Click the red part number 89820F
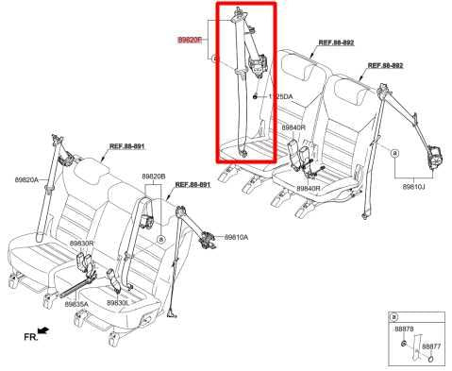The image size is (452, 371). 192,40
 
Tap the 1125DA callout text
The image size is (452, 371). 280,96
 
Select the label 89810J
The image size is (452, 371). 414,187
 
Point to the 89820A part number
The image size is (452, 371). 26,180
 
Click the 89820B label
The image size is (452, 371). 153,177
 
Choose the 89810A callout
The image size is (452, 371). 236,237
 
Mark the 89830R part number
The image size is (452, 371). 81,244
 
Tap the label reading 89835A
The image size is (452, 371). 77,303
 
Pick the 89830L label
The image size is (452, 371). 118,303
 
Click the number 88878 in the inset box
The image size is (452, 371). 404,329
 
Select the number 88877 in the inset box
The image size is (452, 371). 430,346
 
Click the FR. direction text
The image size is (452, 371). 32,336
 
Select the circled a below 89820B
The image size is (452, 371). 162,240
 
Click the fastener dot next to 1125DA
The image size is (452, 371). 257,95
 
